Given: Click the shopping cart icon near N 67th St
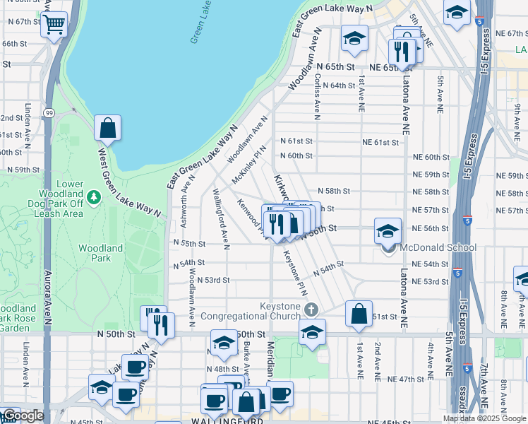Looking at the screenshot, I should (54, 25).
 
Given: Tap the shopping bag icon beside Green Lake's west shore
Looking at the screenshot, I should (107, 129).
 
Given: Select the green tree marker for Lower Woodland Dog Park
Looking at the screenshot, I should (94, 195).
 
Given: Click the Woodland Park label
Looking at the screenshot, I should (100, 253).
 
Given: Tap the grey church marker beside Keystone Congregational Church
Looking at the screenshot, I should (311, 309).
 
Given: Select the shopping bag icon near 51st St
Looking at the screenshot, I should (359, 314).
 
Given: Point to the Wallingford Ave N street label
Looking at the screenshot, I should (221, 219).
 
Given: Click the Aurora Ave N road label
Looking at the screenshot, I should (48, 297).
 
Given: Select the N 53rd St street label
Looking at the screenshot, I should (213, 280).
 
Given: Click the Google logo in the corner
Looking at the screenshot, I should (23, 416).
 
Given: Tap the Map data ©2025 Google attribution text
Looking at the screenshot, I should (484, 418).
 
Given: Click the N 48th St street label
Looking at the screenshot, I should (222, 369).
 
